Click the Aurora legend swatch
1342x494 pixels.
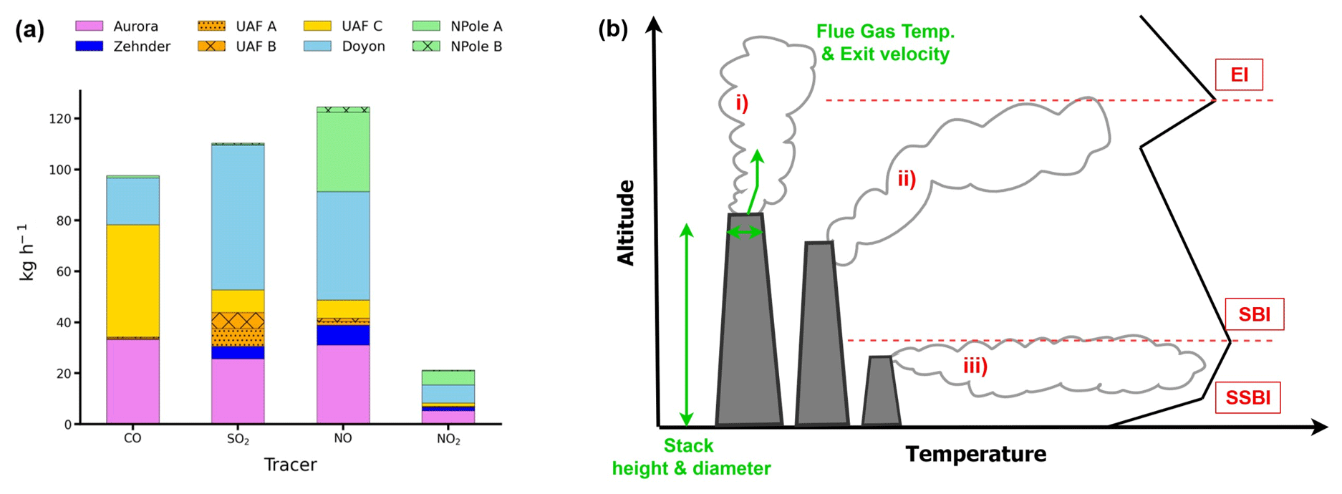(89, 26)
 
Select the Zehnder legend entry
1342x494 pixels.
(122, 46)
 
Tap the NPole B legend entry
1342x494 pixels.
(457, 46)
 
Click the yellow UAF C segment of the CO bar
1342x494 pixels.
(132, 281)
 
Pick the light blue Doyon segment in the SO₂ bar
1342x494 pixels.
(238, 218)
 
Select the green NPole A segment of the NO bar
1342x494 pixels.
(343, 152)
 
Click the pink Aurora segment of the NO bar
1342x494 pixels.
(343, 384)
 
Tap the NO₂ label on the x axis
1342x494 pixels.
(448, 439)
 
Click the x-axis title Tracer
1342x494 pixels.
(290, 465)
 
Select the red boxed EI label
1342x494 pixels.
(1239, 74)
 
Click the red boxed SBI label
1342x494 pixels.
(1255, 314)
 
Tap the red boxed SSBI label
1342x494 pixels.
(1248, 397)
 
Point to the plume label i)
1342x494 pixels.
(742, 104)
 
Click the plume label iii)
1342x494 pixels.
(975, 367)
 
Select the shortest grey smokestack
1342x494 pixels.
(881, 391)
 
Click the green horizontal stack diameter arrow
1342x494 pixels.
(745, 232)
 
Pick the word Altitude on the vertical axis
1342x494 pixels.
(626, 223)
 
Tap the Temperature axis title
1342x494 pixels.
(976, 454)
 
